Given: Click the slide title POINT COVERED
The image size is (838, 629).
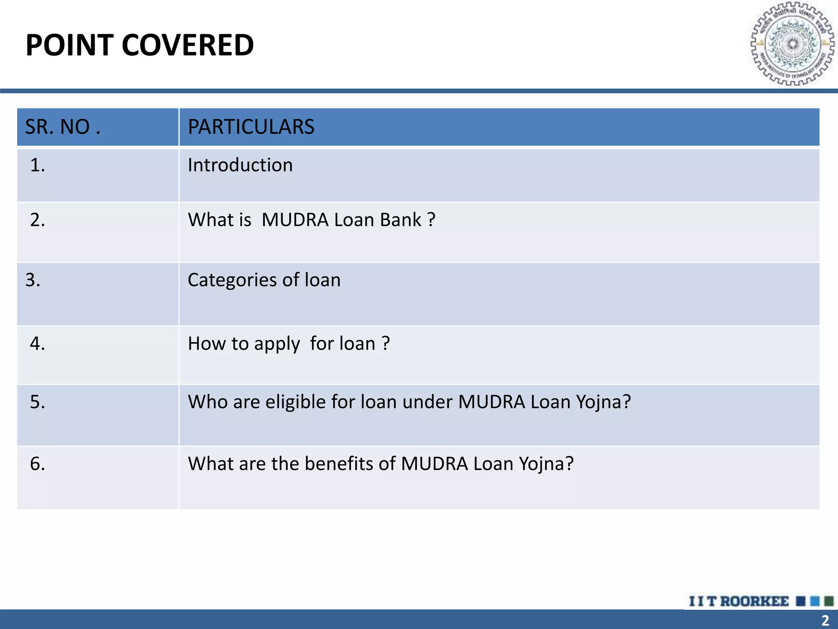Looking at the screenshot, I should pos(140,45).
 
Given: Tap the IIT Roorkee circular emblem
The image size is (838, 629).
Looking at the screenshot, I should pos(792,44).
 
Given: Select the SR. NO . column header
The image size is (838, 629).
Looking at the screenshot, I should pos(63,127).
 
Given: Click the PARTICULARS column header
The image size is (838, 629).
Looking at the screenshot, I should pos(251,127).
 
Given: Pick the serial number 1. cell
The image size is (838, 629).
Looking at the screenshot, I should pos(38,165).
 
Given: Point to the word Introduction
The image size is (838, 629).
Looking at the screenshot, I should pos(240,165).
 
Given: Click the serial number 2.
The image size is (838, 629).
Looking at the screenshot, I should pos(38,220).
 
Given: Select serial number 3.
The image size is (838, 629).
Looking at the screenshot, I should pos(33,280).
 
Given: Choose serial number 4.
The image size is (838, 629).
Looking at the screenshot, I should pos(38,343).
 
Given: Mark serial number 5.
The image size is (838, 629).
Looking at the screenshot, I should pos(38,402).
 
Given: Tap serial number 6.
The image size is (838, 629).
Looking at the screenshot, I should pos(38,464).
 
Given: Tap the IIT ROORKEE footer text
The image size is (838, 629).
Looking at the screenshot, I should pos(739,601).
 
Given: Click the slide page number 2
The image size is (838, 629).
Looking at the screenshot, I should pos(825,620).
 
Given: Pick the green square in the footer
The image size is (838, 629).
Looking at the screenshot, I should pos(829,601).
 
